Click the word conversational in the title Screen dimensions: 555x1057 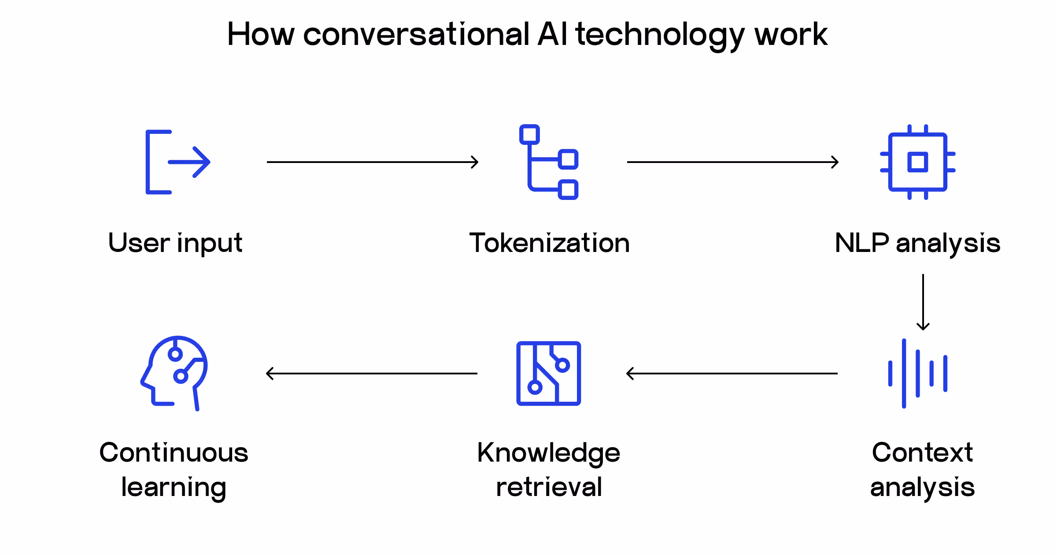416,34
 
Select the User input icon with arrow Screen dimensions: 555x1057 177,162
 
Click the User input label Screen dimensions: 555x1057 175,243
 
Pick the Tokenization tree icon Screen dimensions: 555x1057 549,162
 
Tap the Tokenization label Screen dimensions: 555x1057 549,243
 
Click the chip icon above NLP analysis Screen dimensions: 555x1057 917,162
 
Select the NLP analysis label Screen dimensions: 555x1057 917,243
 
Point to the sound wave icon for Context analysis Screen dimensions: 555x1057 917,374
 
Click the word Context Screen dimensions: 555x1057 922,452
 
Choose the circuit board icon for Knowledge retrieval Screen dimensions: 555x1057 549,374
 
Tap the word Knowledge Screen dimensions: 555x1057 549,453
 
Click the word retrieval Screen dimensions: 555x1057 549,487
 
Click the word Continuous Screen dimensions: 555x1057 174,452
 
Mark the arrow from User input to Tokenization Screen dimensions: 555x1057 373,162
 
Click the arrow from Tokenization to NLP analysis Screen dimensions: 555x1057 733,162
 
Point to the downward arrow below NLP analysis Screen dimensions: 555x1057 923,302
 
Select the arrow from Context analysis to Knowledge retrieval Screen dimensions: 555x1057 732,374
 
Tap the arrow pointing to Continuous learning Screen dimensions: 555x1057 372,374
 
